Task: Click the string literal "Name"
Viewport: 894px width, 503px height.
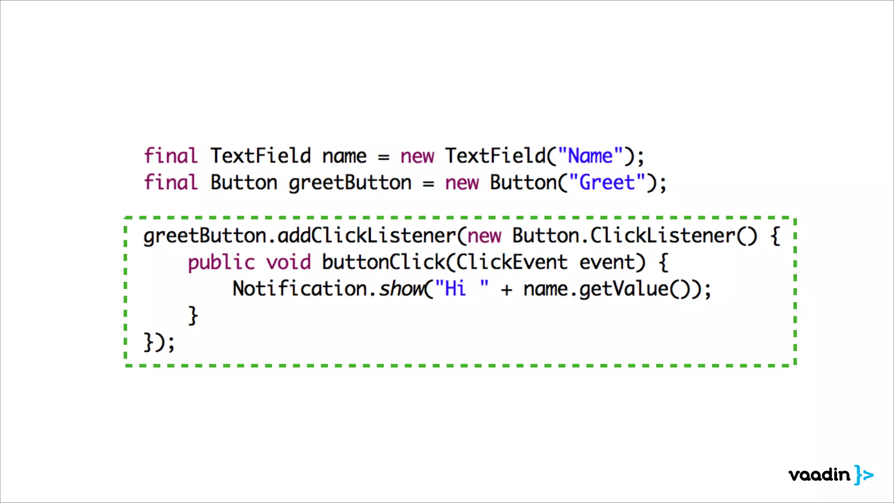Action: tap(591, 156)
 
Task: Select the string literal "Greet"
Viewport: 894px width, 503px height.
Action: tap(607, 183)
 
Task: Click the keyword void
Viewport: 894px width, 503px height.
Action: tap(289, 262)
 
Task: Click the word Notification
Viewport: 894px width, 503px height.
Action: tap(300, 289)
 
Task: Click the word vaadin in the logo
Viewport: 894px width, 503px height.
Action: tap(819, 475)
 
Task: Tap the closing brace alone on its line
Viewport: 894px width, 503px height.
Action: tap(193, 315)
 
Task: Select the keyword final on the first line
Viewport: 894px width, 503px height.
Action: tap(171, 156)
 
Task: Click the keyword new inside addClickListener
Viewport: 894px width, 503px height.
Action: tap(485, 236)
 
